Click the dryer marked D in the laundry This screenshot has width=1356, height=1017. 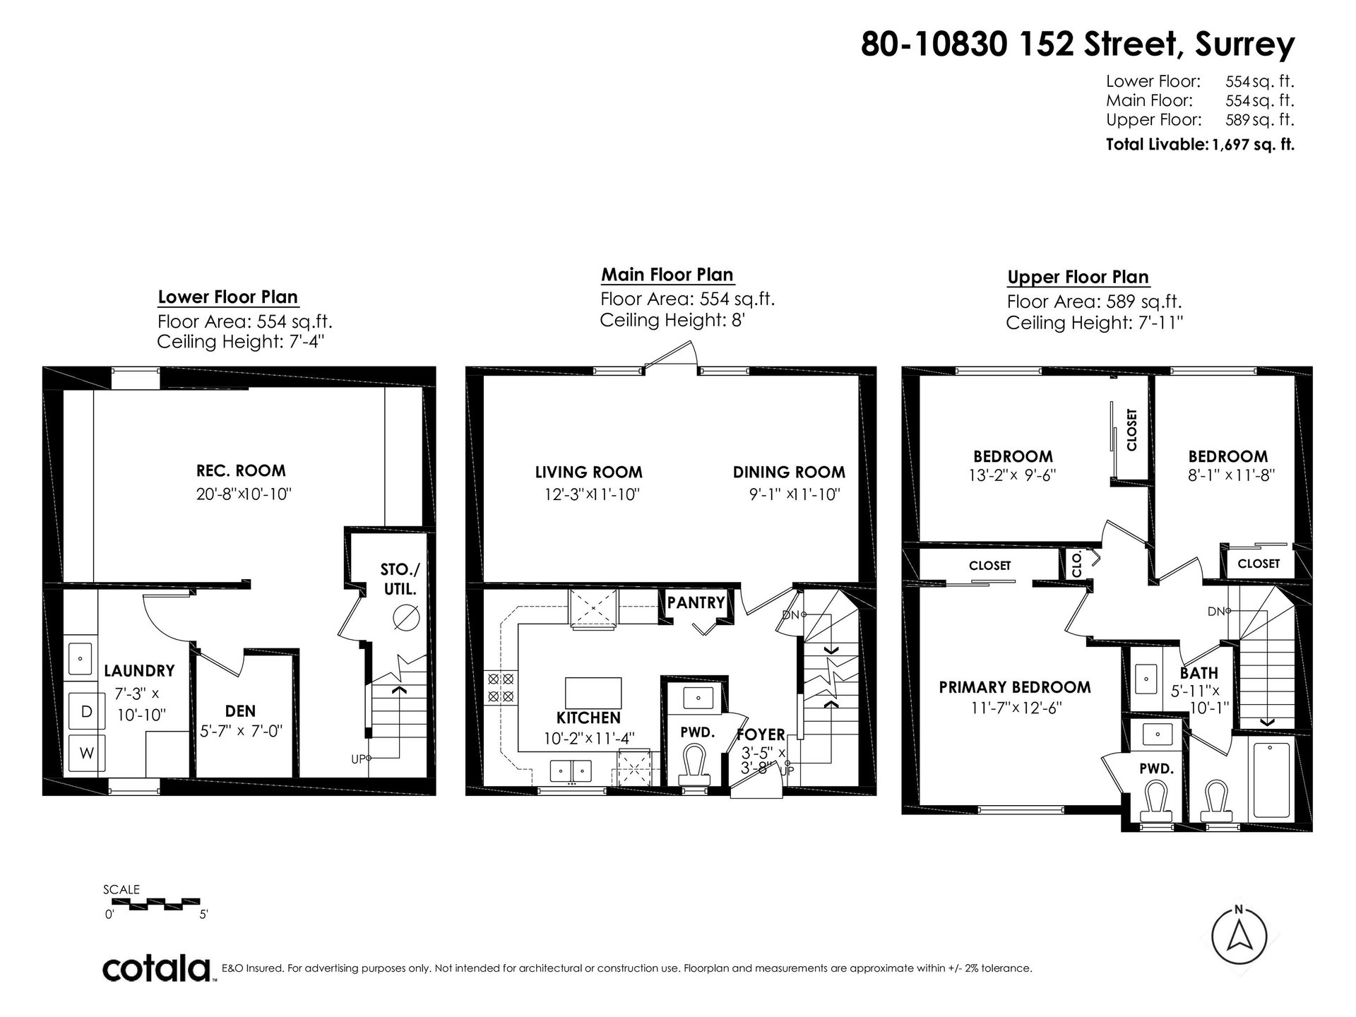click(x=86, y=711)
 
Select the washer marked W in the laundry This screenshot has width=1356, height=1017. click(x=86, y=753)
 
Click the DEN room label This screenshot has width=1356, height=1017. click(x=241, y=711)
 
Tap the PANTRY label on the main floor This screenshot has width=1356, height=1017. click(x=696, y=602)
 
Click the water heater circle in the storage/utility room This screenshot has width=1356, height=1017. click(x=408, y=618)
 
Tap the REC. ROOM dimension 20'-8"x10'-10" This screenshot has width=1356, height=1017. click(x=244, y=494)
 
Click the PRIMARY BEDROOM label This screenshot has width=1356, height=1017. click(x=1015, y=687)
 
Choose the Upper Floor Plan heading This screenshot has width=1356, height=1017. click(x=1078, y=278)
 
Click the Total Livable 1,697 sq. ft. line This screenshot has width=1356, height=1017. click(x=1200, y=145)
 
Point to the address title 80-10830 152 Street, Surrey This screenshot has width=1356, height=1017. click(x=1078, y=44)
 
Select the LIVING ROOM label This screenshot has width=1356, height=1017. click(x=589, y=472)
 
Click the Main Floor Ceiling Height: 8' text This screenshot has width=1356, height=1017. click(x=673, y=320)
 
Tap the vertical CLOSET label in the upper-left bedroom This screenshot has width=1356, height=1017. click(x=1132, y=429)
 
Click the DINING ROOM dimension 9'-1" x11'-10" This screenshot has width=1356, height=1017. click(x=795, y=494)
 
